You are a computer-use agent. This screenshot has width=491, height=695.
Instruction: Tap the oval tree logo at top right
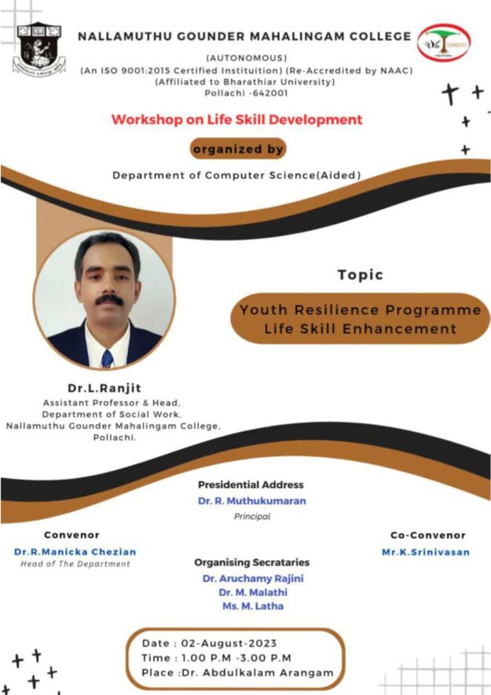coord(443,45)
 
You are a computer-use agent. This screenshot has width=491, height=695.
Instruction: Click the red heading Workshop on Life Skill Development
coord(236,120)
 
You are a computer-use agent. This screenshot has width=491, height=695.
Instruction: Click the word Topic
coord(361,275)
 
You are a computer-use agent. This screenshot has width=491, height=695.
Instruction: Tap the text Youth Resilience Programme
coord(361,310)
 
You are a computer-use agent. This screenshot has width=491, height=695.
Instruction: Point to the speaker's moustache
coord(109,301)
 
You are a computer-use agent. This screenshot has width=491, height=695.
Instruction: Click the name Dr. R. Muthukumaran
coord(251,500)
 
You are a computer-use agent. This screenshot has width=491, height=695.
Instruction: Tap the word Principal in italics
coord(251,517)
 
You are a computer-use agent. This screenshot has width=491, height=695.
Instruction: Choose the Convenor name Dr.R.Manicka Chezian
coord(75,551)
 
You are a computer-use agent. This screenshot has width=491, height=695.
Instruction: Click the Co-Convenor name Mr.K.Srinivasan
coord(426,551)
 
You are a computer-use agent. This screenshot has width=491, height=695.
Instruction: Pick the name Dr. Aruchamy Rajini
coord(252,578)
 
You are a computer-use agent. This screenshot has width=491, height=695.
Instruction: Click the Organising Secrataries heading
coord(251,562)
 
